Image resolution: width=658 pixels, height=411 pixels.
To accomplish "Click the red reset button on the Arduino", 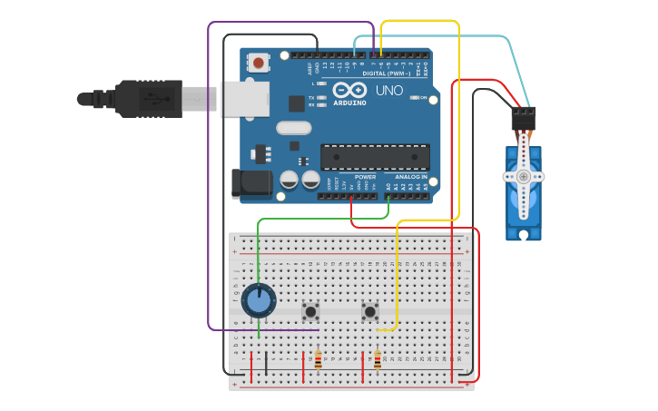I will click(x=260, y=63).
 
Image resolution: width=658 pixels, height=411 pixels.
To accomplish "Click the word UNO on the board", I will click(x=389, y=91).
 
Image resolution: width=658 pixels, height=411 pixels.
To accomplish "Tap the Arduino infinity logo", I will click(x=349, y=91).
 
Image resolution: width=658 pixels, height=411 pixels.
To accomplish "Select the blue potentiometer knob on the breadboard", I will click(x=259, y=300).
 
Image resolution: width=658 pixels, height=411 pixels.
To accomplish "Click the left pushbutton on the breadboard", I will click(x=310, y=312).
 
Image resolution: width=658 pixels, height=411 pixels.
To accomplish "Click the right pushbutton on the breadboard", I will click(x=370, y=312).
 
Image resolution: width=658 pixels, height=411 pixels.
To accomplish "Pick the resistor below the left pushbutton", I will click(x=318, y=362).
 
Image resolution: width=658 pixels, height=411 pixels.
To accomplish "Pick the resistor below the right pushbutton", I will click(x=378, y=362).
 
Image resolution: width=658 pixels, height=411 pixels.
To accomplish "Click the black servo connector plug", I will click(x=524, y=118).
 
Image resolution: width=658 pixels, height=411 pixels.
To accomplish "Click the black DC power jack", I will click(x=251, y=183).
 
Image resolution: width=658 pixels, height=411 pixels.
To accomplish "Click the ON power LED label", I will click(x=423, y=98).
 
